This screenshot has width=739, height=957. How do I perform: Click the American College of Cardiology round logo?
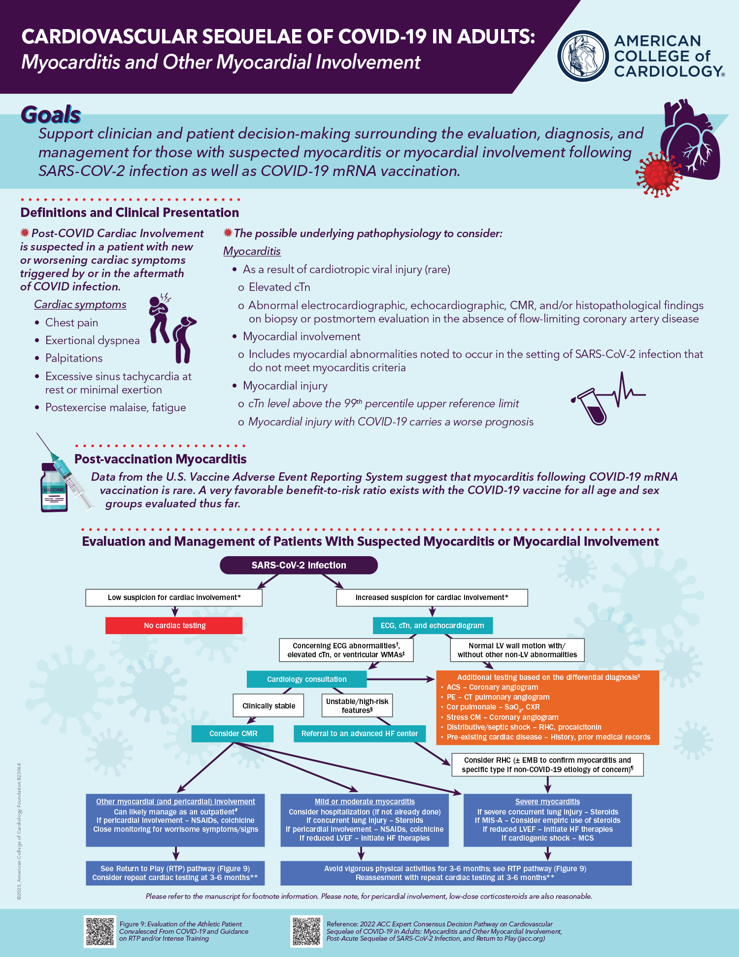pyautogui.click(x=583, y=56)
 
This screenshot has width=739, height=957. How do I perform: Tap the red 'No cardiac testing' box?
pyautogui.click(x=174, y=625)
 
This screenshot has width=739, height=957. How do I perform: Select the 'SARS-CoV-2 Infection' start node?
pyautogui.click(x=299, y=565)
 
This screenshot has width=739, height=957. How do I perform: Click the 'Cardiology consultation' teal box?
pyautogui.click(x=306, y=679)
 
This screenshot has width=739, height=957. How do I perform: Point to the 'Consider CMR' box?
pyautogui.click(x=233, y=733)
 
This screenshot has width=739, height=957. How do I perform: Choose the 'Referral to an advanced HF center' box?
pyautogui.click(x=359, y=733)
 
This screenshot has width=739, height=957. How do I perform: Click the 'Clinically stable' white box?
pyautogui.click(x=269, y=706)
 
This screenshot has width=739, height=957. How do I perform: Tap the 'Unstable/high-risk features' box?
pyautogui.click(x=357, y=706)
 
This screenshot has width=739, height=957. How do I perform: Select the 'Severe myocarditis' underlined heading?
pyautogui.click(x=547, y=801)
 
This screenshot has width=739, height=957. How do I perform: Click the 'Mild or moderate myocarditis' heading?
pyautogui.click(x=365, y=801)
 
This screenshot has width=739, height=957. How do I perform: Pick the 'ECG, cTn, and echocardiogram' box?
pyautogui.click(x=432, y=625)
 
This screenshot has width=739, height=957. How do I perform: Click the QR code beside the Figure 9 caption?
pyautogui.click(x=100, y=931)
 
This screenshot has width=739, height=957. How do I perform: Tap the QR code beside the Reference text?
pyautogui.click(x=306, y=931)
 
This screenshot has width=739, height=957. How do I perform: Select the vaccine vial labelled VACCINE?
pyautogui.click(x=54, y=488)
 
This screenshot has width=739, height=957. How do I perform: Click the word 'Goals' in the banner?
pyautogui.click(x=51, y=114)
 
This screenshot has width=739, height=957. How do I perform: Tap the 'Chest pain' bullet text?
pyautogui.click(x=71, y=322)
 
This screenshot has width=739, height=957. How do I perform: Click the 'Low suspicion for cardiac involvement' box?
pyautogui.click(x=174, y=598)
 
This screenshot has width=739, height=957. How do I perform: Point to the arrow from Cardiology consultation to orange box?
pyautogui.click(x=400, y=679)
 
